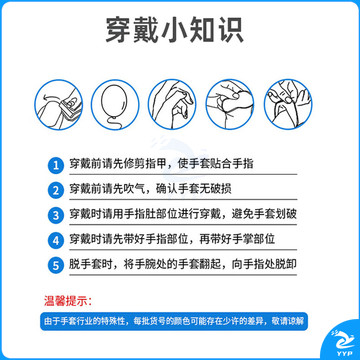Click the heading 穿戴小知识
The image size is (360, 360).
(175, 31)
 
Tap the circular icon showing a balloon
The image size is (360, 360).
(116, 104)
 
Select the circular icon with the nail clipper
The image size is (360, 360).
(59, 104)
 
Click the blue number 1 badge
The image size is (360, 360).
(56, 166)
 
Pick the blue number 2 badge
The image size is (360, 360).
(56, 191)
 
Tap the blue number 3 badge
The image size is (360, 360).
(56, 215)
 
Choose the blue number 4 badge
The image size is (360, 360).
(56, 240)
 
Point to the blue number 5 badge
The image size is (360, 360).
(56, 265)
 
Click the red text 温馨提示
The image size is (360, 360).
(68, 301)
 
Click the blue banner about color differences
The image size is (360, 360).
(174, 321)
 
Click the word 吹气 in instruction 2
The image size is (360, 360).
(136, 189)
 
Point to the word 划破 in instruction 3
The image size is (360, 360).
(287, 214)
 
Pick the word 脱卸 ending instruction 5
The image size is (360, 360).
(287, 264)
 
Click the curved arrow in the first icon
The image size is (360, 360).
(50, 96)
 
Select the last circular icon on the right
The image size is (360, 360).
(288, 104)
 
